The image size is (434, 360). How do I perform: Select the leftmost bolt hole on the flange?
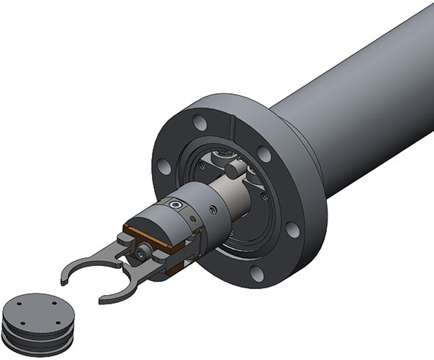coord(165,167)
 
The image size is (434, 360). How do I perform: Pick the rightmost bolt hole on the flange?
coord(292,230)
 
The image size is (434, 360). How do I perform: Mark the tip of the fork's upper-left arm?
coord(65,273)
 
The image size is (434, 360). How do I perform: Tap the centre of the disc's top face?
coord(40,311)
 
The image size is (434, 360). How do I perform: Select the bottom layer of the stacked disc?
coord(36,344)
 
